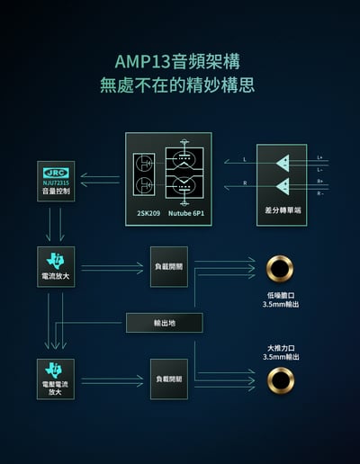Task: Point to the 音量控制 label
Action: (x=55, y=192)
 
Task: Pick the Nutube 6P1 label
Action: (x=187, y=214)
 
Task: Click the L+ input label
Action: (x=320, y=158)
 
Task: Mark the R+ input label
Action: (x=320, y=182)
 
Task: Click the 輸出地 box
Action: (x=164, y=323)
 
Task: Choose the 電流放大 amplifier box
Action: (x=55, y=266)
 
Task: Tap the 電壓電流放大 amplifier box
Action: (x=55, y=379)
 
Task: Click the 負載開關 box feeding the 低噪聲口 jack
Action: (x=168, y=266)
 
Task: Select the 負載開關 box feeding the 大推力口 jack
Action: (x=168, y=379)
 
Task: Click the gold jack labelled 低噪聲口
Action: (x=281, y=267)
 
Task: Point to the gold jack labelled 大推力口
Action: (x=281, y=379)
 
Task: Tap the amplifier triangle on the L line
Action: (x=283, y=164)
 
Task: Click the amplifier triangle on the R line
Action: (x=283, y=186)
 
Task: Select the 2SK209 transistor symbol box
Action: (x=143, y=174)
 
